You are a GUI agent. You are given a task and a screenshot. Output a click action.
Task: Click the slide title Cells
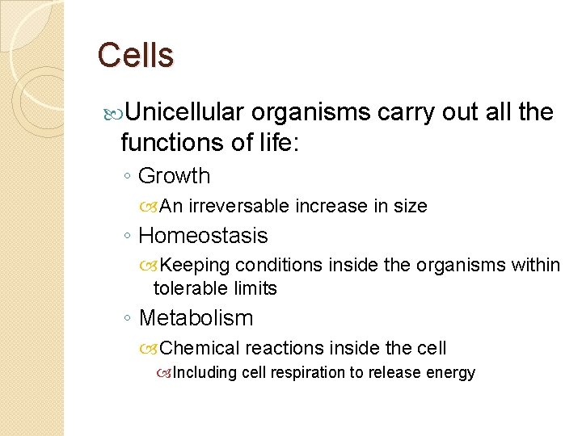click(135, 56)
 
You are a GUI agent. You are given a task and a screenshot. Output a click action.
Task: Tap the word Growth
click(174, 176)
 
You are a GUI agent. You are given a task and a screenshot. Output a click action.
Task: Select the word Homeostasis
click(203, 236)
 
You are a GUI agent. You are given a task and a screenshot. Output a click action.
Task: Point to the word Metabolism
click(196, 318)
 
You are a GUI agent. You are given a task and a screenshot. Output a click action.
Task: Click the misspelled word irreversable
click(238, 207)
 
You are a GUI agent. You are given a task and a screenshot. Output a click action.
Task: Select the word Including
click(203, 373)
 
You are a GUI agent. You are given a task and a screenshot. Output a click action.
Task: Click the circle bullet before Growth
click(129, 177)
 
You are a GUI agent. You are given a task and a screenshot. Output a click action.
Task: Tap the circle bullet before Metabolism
click(129, 319)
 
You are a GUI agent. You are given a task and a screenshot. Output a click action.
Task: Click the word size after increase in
click(410, 207)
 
